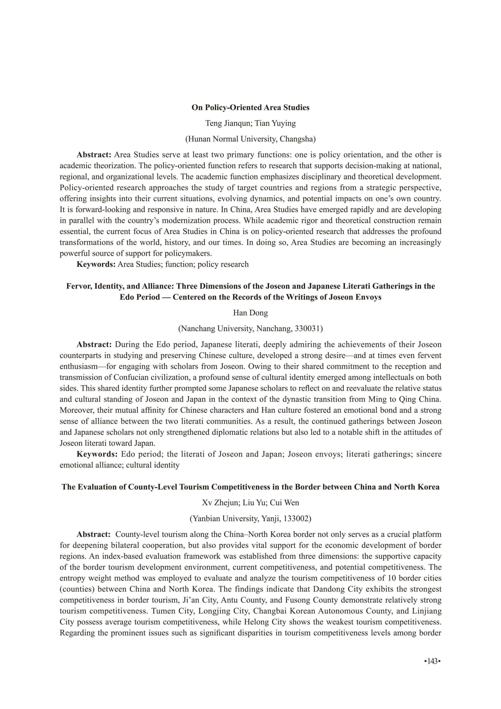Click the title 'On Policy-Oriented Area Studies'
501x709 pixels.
[250, 107]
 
